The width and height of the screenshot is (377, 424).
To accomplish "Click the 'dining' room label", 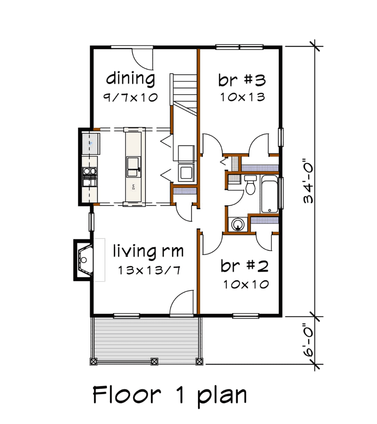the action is (x=131, y=79).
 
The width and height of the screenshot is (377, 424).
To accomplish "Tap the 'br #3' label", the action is (x=242, y=80).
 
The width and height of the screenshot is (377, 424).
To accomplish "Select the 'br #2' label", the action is (x=244, y=266).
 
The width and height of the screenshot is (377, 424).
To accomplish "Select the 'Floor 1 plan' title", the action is (x=170, y=395).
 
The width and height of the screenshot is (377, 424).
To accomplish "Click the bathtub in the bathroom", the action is (x=270, y=194).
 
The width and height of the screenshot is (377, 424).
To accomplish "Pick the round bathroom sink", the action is (x=238, y=224).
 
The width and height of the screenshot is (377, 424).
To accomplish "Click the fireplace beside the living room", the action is (x=84, y=260).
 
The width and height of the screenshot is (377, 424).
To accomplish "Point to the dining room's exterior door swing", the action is (x=142, y=59).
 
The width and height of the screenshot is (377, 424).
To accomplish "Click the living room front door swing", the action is (x=182, y=302).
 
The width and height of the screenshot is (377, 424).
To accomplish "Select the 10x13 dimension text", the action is (x=243, y=97).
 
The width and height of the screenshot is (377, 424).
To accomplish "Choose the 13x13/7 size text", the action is (x=149, y=270).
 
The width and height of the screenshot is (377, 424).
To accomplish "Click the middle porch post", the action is (x=154, y=361).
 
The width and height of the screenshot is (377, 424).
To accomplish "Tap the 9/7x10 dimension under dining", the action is (x=130, y=97).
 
